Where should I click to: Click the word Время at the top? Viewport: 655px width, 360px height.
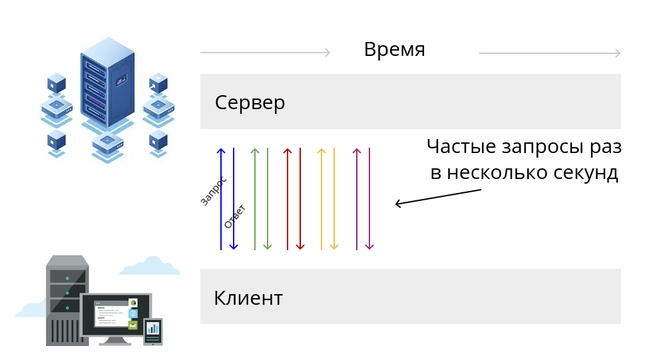[394, 49]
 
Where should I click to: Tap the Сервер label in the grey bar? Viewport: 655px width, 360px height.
[250, 102]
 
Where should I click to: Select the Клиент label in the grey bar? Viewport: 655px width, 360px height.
[248, 297]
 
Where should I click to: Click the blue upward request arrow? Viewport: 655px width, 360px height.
[221, 199]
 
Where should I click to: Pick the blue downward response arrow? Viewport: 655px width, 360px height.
[234, 199]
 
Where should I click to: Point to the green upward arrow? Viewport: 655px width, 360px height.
[255, 199]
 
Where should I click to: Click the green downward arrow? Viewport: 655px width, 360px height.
[268, 199]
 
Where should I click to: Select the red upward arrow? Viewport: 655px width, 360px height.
[288, 199]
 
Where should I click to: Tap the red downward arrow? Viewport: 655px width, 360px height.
[300, 199]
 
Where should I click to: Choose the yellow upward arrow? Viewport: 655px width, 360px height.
[322, 199]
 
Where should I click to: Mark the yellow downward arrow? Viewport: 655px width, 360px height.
[333, 199]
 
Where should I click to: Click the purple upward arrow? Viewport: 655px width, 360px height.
[356, 199]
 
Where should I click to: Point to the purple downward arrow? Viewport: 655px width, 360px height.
[369, 199]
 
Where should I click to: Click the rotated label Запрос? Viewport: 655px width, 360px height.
[214, 191]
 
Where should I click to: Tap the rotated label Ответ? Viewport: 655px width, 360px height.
[235, 217]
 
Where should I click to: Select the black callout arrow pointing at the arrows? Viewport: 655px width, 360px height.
[438, 197]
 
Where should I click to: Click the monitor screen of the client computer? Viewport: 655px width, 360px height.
[116, 315]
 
